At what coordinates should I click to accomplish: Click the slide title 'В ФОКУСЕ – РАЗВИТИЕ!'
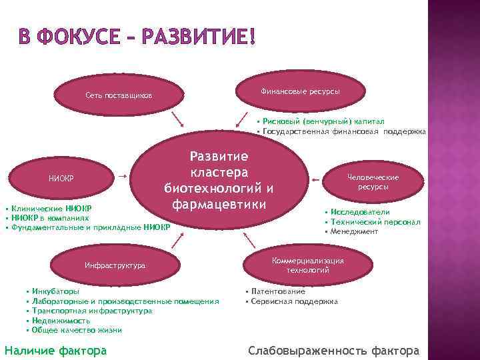coord(137,36)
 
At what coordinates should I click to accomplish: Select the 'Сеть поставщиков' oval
coord(118,96)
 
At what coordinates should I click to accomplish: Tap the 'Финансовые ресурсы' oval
coord(299,90)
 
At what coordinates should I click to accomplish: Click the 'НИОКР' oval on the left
coord(61,178)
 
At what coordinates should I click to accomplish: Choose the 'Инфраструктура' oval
coord(115,265)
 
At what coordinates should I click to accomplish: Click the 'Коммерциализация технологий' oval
coord(307,265)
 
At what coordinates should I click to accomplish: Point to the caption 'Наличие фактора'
coord(55,350)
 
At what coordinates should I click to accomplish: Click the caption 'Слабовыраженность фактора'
coord(334,351)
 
